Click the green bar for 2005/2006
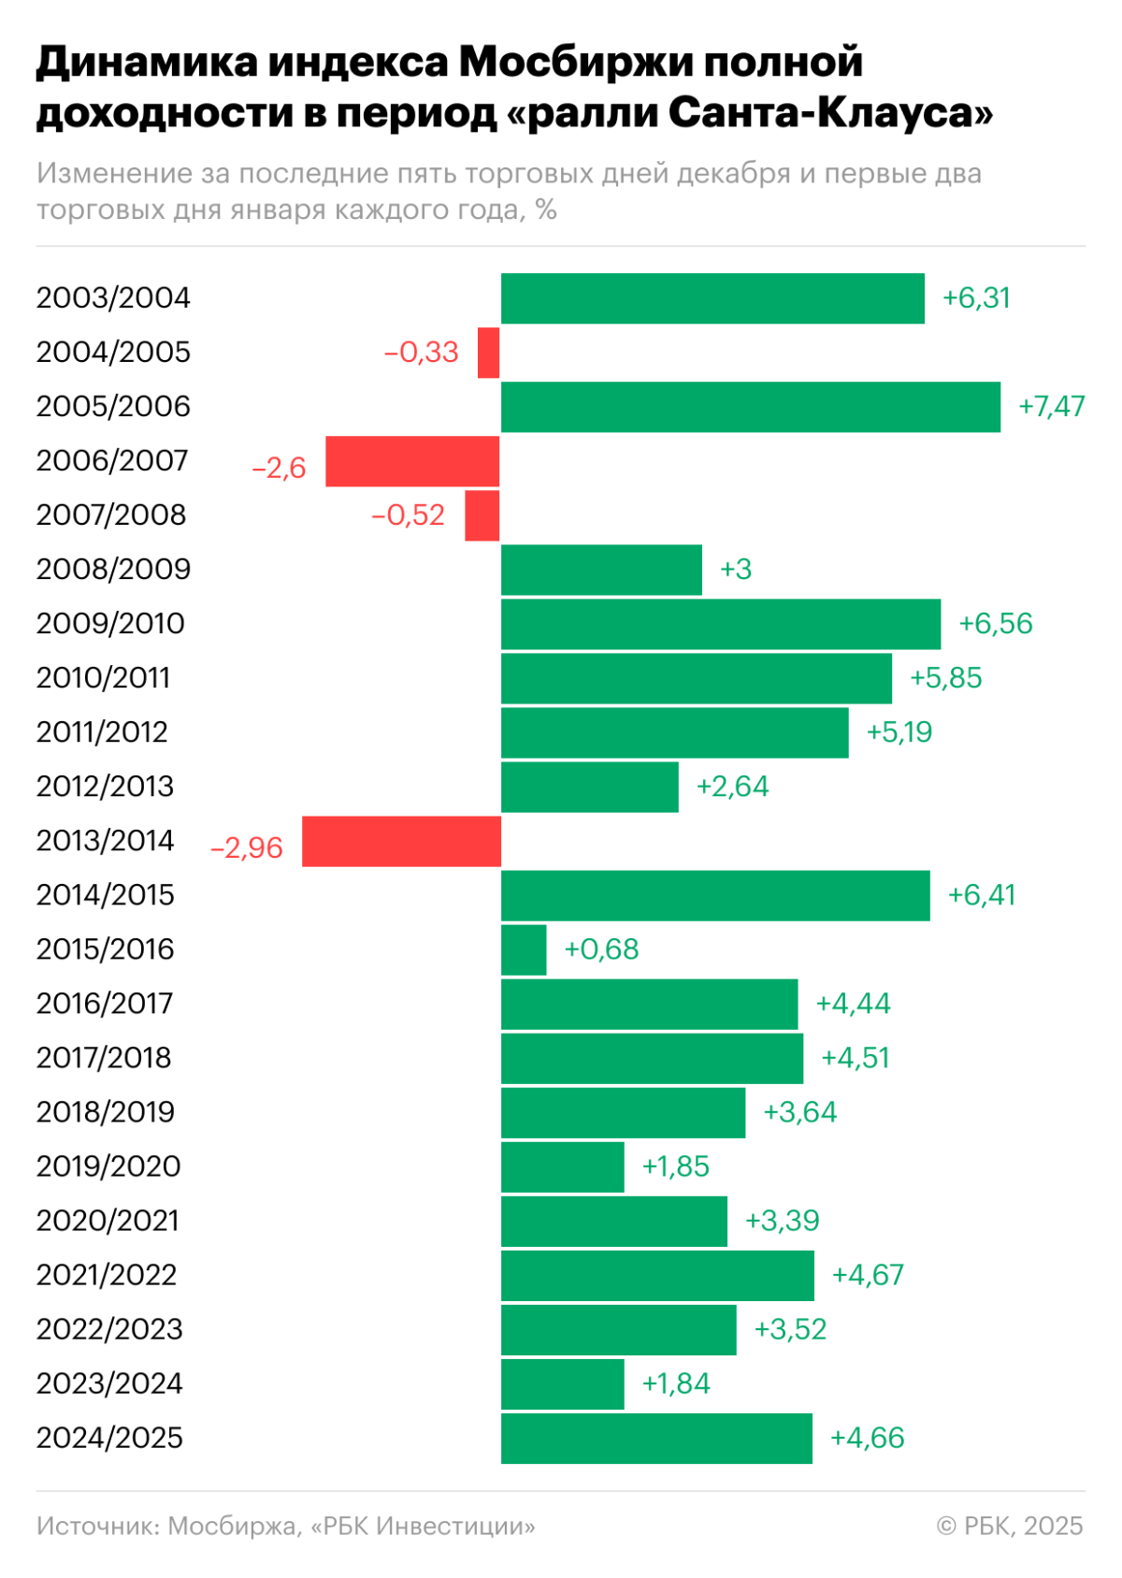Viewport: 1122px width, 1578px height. [750, 407]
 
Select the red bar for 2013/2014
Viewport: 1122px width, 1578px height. [401, 841]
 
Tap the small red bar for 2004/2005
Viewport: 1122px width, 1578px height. [488, 353]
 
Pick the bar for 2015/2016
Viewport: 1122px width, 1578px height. [524, 949]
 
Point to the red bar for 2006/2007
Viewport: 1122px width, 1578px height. [412, 461]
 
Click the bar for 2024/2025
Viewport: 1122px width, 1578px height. [656, 1438]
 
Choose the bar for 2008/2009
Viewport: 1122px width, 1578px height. [601, 570]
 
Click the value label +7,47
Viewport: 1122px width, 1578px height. [1051, 407]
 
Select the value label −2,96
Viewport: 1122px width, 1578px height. [247, 847]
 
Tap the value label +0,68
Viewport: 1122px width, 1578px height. [601, 949]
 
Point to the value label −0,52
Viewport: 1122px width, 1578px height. [408, 515]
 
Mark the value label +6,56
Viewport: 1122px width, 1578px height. [995, 624]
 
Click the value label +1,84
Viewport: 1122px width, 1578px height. [676, 1383]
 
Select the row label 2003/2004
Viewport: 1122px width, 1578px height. [113, 298]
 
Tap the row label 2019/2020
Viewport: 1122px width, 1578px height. [108, 1166]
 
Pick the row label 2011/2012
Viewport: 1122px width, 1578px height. [102, 732]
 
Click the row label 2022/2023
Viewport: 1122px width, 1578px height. [109, 1329]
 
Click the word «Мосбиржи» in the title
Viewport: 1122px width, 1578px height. [575, 63]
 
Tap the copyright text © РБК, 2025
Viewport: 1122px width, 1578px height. [1010, 1526]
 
